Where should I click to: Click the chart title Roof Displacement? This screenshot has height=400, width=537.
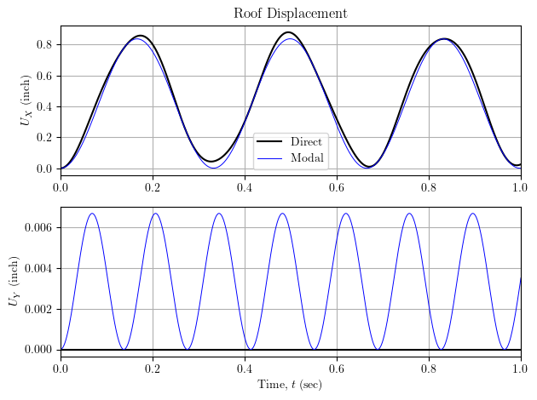[291, 14]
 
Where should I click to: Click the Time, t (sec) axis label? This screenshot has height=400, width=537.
[290, 386]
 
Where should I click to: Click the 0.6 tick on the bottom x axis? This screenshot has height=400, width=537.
[337, 368]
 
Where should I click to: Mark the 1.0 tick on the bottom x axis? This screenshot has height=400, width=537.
[520, 368]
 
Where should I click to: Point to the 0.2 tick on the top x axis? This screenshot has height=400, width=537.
[153, 186]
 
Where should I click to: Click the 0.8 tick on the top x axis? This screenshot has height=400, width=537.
[429, 186]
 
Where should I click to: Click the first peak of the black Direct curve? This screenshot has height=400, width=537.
[141, 36]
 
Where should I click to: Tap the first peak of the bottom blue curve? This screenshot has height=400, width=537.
[92, 214]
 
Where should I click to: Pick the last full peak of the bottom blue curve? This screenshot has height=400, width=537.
[472, 214]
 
